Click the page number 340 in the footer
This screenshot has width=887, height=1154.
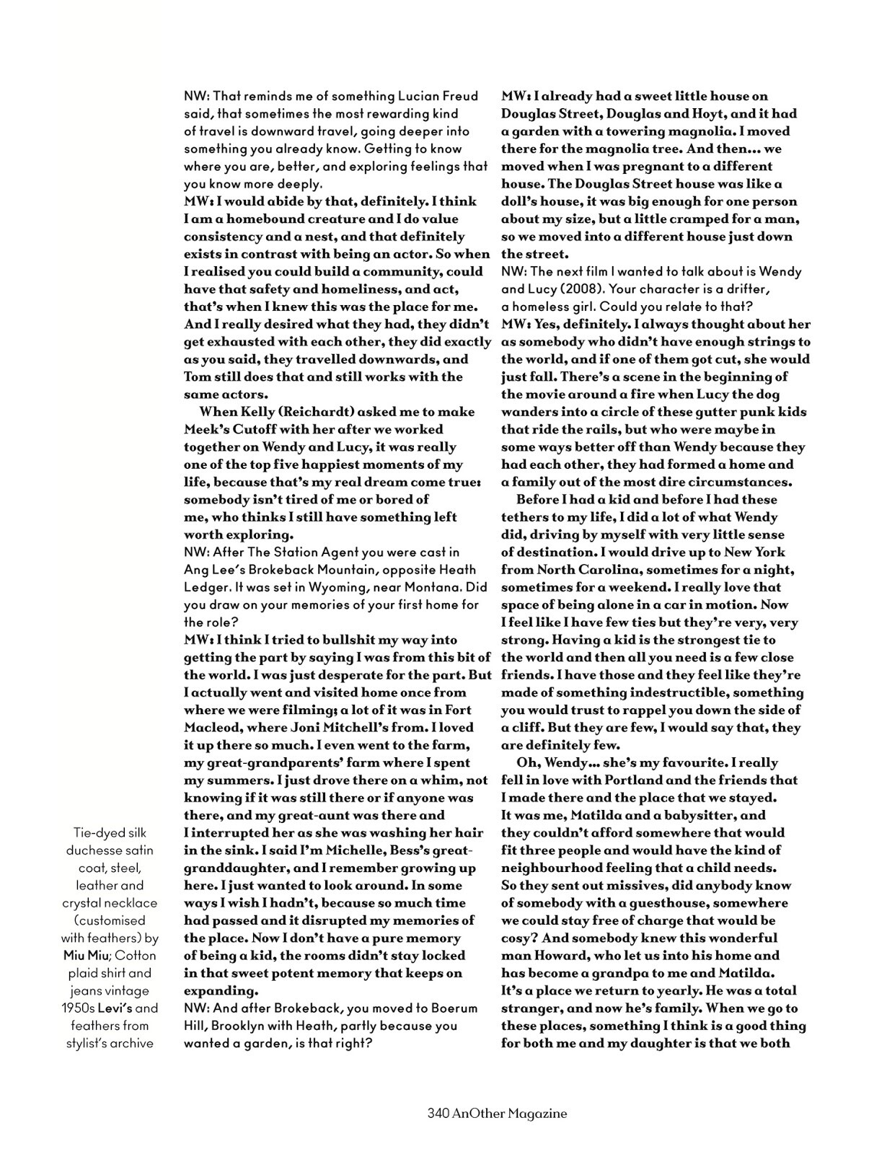click(438, 1114)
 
